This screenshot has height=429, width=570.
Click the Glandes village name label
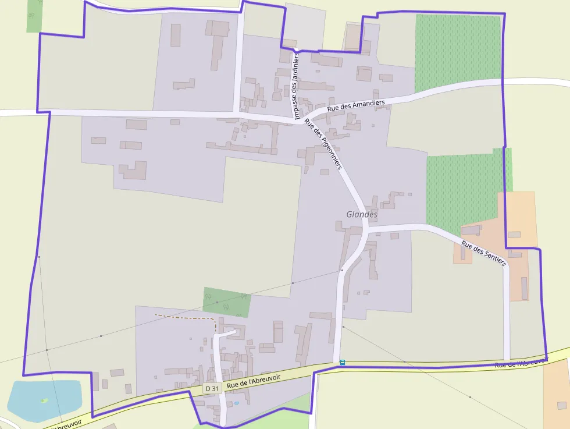pos(362,214)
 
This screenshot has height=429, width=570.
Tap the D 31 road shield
pos(212,388)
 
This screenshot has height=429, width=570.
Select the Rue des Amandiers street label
pos(356,105)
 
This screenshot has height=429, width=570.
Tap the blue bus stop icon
pos(343,363)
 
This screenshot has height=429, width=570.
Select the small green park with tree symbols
pos(226,302)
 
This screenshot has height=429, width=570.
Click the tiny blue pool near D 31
pos(236,403)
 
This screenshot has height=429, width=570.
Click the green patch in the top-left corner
pos(34,16)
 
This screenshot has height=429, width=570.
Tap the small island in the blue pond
pos(44,400)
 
